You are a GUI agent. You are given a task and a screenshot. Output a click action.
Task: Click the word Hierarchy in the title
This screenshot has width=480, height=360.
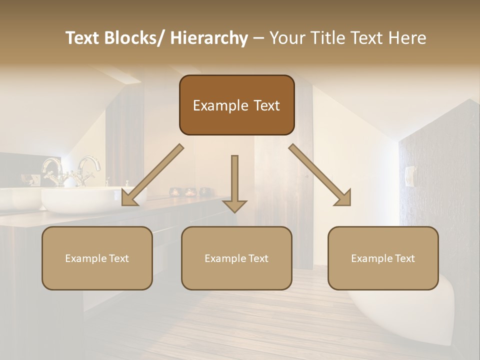[x=209, y=38]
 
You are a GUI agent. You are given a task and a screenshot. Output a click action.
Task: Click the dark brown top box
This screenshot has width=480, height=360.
[x=236, y=105]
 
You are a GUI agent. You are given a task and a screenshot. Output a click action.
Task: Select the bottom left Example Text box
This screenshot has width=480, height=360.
[x=97, y=258]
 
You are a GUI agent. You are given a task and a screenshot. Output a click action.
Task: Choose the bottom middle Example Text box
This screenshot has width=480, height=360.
[x=236, y=258]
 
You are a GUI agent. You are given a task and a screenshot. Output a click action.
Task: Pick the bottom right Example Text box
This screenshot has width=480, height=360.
[x=383, y=258]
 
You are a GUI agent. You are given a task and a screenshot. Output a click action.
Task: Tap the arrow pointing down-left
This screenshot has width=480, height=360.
[x=152, y=175]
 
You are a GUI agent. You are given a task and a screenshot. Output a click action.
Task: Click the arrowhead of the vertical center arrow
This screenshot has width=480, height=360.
[x=234, y=206]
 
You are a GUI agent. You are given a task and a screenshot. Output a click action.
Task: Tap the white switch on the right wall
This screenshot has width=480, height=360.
[x=409, y=176]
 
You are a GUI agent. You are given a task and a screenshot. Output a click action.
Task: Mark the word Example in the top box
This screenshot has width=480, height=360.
[x=214, y=106]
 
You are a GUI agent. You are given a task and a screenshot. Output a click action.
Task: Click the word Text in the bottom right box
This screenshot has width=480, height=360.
[x=404, y=258]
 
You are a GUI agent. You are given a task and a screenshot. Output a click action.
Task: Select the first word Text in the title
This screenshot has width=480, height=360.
[x=85, y=38]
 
